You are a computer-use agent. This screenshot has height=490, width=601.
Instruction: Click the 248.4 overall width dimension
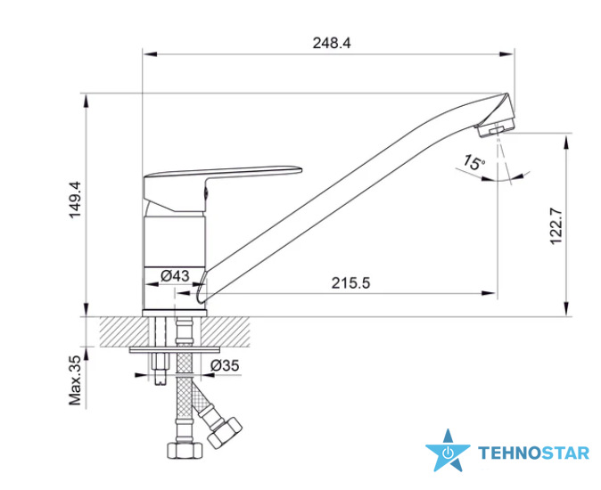click(x=332, y=43)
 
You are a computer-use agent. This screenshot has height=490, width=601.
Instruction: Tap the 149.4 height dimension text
click(x=75, y=200)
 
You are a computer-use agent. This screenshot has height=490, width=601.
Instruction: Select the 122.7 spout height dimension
click(x=556, y=226)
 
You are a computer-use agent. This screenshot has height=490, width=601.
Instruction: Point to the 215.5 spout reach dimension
click(x=350, y=283)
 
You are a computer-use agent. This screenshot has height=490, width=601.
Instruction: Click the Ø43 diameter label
click(x=175, y=275)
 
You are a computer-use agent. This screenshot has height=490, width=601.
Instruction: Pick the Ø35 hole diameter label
click(x=225, y=365)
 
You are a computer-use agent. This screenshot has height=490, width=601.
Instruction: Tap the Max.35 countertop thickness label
click(x=75, y=380)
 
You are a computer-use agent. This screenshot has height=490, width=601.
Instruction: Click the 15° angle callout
click(x=473, y=162)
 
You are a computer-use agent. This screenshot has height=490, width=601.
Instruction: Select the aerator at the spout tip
click(x=496, y=128)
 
